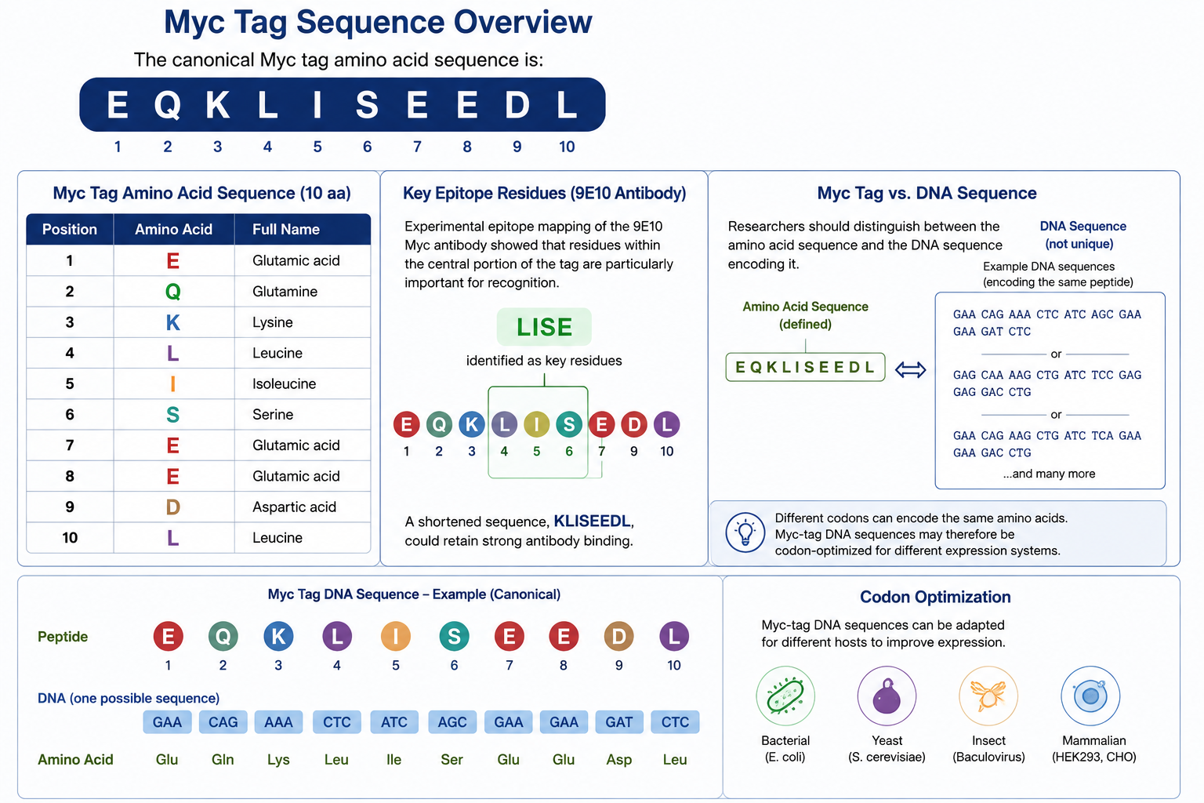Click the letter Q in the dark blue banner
coord(168,105)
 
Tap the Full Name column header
coord(286,230)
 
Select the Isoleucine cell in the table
coord(285,383)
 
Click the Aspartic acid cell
coord(295,507)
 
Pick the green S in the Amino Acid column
coord(172,415)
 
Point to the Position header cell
coord(70,230)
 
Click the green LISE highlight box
coord(544,327)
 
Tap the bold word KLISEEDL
coord(592,521)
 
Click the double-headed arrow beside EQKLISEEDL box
coord(911,369)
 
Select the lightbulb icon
coord(745,532)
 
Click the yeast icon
coord(887,696)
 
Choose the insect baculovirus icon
coord(988,696)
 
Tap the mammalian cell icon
coord(1090,696)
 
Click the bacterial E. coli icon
coord(785,696)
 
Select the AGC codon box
coord(452,721)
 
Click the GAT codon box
coord(619,721)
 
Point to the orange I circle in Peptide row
coord(396,636)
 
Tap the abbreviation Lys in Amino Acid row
coord(278,759)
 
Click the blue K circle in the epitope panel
coord(471,424)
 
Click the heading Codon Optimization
coord(935,597)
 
